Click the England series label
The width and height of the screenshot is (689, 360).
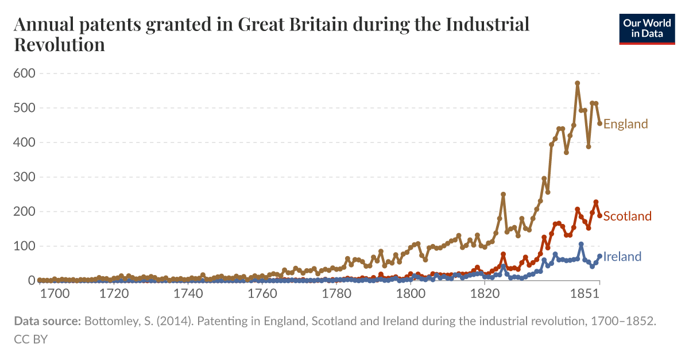click(625, 124)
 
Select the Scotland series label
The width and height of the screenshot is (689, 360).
click(627, 216)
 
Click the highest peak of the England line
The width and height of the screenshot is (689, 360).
click(577, 83)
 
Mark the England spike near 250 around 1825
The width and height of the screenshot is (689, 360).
click(503, 194)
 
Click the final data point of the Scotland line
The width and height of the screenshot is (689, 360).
click(599, 215)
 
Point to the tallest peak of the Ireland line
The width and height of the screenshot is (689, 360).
click(581, 244)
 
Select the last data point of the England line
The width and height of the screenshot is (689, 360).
click(599, 123)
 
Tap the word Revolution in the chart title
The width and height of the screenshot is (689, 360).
click(59, 45)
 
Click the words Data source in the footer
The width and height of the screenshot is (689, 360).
click(47, 322)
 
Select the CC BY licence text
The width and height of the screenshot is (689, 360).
click(30, 339)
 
